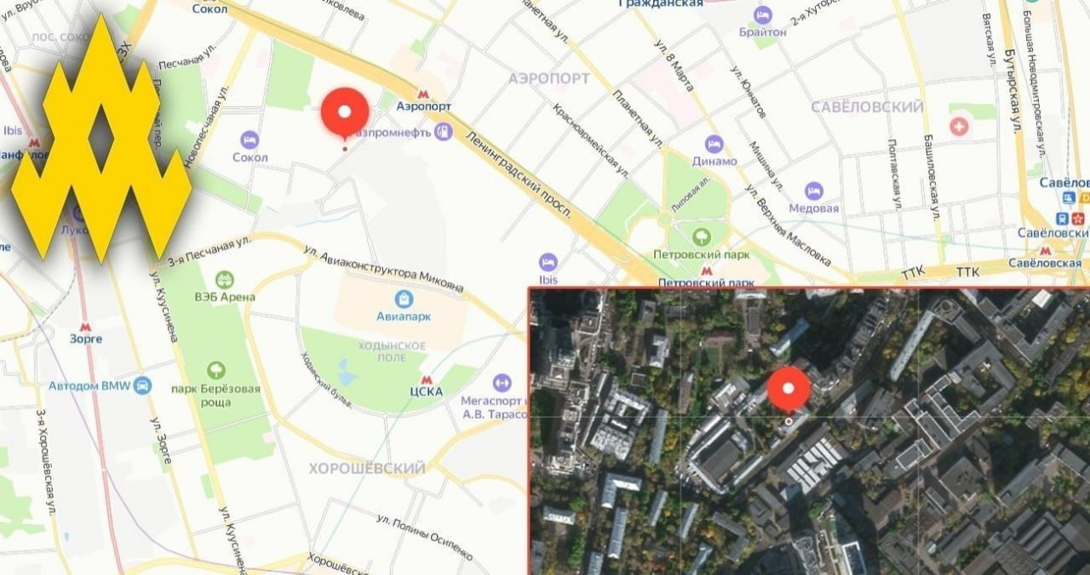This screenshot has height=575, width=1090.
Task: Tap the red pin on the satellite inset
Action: pyautogui.click(x=789, y=390)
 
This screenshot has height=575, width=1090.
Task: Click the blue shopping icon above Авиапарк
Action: pyautogui.click(x=404, y=299)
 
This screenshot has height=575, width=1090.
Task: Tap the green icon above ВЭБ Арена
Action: pyautogui.click(x=225, y=279)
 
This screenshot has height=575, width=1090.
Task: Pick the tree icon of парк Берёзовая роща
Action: pyautogui.click(x=216, y=370)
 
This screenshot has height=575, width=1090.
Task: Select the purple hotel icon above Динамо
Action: pyautogui.click(x=714, y=145)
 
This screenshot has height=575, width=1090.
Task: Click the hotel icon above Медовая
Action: pyautogui.click(x=814, y=191)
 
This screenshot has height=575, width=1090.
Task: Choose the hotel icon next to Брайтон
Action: pyautogui.click(x=762, y=15)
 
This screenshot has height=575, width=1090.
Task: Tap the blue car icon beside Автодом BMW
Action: pyautogui.click(x=141, y=385)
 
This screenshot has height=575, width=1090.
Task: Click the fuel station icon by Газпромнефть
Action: pyautogui.click(x=442, y=131)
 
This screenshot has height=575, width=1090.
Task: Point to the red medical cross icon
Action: pyautogui.click(x=960, y=127)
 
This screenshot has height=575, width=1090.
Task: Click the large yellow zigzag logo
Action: pyautogui.click(x=100, y=140)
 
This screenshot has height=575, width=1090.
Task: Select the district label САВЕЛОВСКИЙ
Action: pyautogui.click(x=867, y=107)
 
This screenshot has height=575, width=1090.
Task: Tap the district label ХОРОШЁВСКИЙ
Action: pyautogui.click(x=366, y=469)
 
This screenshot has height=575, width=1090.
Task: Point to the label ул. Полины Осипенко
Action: pyautogui.click(x=423, y=538)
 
